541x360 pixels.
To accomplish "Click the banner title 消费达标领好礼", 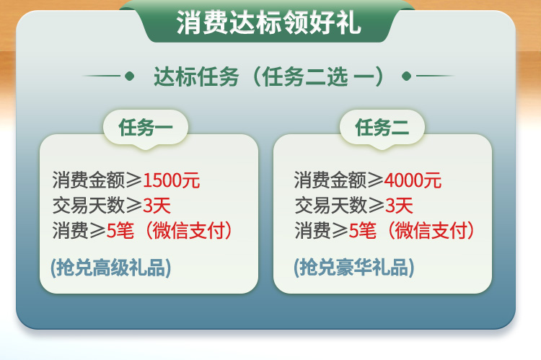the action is pyautogui.click(x=268, y=23).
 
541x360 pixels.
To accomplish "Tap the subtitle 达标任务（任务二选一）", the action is pyautogui.click(x=268, y=76).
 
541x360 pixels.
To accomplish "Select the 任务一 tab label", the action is pyautogui.click(x=145, y=128).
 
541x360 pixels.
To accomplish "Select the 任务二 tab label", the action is pyautogui.click(x=382, y=128).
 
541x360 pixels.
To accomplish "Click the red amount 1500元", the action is pyautogui.click(x=172, y=180).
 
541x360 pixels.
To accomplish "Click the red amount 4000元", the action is pyautogui.click(x=413, y=180).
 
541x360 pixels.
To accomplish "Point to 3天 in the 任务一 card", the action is pyautogui.click(x=157, y=206).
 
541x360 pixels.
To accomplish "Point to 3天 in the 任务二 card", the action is pyautogui.click(x=399, y=206).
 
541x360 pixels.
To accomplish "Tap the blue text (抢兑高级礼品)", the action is pyautogui.click(x=111, y=268).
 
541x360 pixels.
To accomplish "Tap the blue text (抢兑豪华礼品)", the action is pyautogui.click(x=354, y=268).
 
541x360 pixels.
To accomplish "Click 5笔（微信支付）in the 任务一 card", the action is pyautogui.click(x=170, y=231).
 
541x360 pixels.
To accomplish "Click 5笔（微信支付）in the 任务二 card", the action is pyautogui.click(x=412, y=231).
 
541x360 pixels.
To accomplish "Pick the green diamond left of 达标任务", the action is pyautogui.click(x=129, y=76).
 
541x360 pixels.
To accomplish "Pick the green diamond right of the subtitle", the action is pyautogui.click(x=407, y=76).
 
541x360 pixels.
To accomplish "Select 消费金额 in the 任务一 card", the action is pyautogui.click(x=88, y=180).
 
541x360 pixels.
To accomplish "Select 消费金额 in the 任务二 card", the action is pyautogui.click(x=330, y=180).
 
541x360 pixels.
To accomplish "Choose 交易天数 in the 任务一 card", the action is pyautogui.click(x=88, y=206).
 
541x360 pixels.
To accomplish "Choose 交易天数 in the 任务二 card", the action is pyautogui.click(x=330, y=206).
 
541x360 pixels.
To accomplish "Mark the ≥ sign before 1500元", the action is pyautogui.click(x=134, y=180).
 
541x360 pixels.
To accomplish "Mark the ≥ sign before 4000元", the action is pyautogui.click(x=375, y=180).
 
